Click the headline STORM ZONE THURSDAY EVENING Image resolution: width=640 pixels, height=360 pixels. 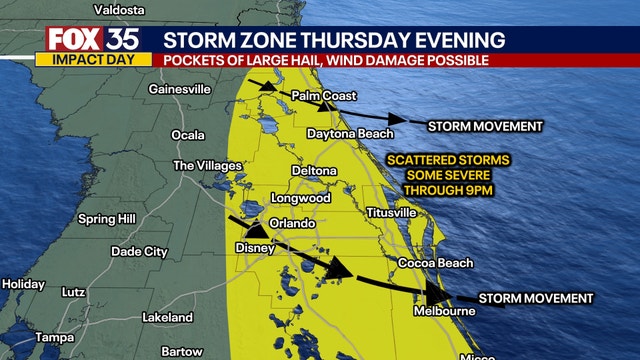[334, 39]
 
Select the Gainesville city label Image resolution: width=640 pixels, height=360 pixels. [179, 89]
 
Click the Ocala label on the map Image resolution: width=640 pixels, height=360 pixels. [188, 134]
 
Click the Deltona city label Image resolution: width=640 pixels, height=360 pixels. [313, 171]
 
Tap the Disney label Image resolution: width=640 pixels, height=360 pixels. [254, 247]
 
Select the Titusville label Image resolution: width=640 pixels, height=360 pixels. [391, 213]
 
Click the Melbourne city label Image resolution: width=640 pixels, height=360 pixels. [445, 311]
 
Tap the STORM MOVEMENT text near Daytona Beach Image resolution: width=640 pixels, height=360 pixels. [485, 126]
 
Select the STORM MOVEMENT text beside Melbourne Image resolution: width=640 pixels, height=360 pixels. [536, 298]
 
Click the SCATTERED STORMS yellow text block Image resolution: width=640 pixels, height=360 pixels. [448, 175]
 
